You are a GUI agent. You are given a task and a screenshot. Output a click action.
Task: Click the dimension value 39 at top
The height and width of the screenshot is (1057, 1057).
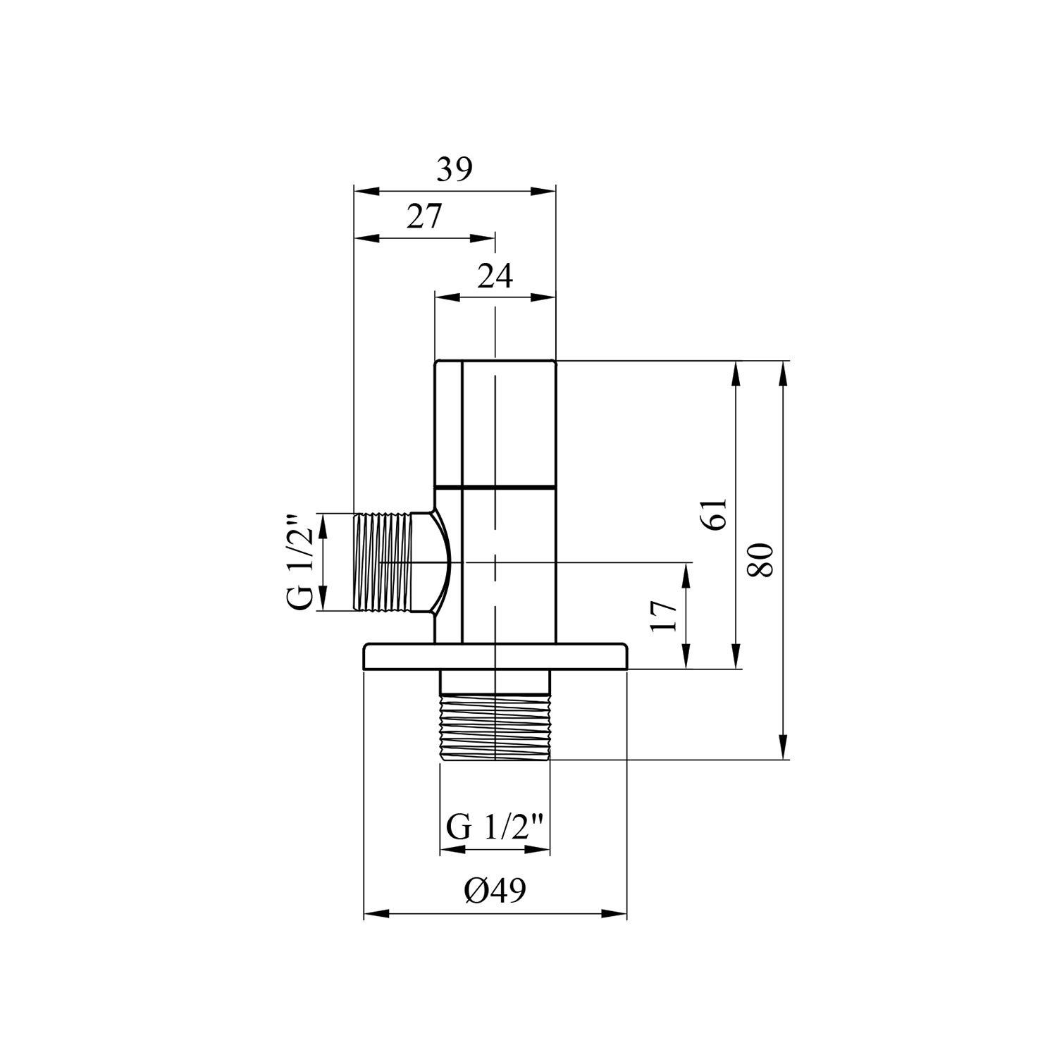(x=454, y=170)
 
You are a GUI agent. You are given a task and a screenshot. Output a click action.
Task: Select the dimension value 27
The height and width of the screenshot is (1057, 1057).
(x=424, y=217)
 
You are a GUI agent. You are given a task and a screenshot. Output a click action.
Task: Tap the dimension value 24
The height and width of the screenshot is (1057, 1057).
(x=495, y=276)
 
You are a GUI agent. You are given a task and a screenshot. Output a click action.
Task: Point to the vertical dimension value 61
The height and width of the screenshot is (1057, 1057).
(x=715, y=514)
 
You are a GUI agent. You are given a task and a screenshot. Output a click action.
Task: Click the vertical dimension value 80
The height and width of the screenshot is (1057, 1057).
(x=762, y=560)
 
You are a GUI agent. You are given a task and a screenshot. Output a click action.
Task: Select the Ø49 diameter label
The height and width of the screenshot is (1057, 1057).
(x=495, y=891)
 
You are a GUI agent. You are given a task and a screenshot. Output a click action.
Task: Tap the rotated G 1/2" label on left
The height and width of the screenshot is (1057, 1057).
(x=302, y=562)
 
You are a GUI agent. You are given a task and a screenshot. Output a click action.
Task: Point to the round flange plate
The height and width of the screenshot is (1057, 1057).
(x=495, y=655)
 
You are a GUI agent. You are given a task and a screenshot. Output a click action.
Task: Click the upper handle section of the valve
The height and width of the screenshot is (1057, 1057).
(x=495, y=423)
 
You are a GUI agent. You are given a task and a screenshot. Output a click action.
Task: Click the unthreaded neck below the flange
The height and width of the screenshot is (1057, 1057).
(x=495, y=681)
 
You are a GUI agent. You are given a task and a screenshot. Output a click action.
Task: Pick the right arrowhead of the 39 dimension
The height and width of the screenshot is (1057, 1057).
(x=545, y=191)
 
